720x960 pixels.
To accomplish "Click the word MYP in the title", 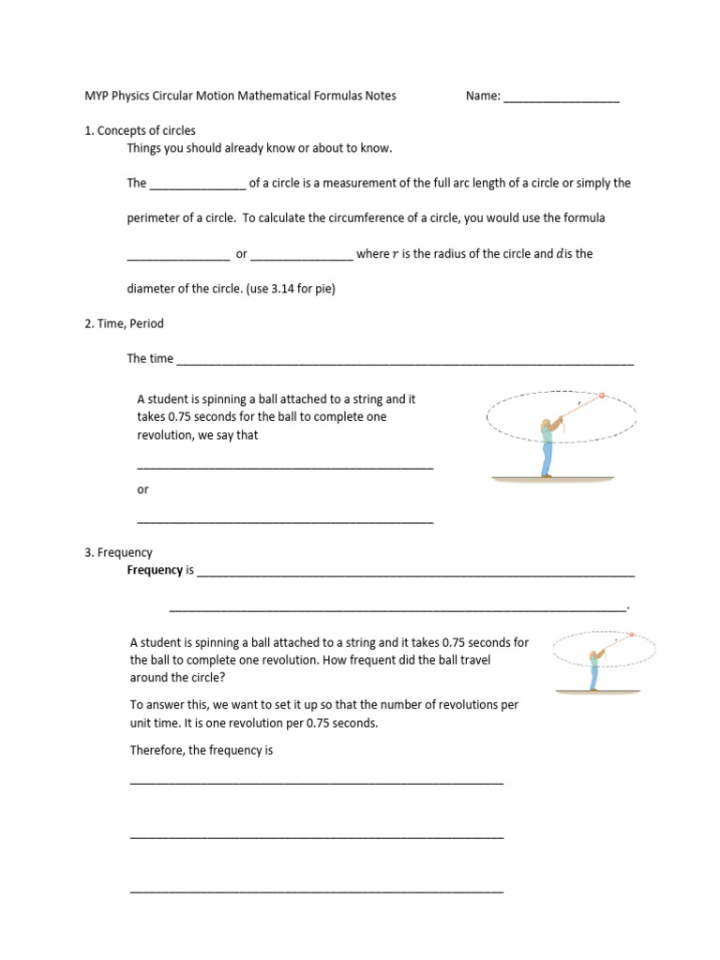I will [97, 96].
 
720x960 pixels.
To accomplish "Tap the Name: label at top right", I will [483, 96].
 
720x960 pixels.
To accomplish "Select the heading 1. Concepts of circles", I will [140, 130].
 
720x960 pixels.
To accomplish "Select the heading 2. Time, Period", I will [124, 323].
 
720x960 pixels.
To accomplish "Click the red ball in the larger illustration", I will [602, 396].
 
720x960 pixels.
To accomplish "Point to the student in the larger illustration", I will [547, 445].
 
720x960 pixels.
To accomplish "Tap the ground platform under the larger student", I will [552, 479].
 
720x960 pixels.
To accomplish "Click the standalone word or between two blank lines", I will [142, 489].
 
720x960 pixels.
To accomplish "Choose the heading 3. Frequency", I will [118, 552].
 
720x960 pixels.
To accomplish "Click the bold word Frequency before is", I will [155, 569].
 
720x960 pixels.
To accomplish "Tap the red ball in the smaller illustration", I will [631, 636].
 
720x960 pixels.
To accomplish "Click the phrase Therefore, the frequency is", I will [201, 750].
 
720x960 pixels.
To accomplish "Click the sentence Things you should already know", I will [260, 148].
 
